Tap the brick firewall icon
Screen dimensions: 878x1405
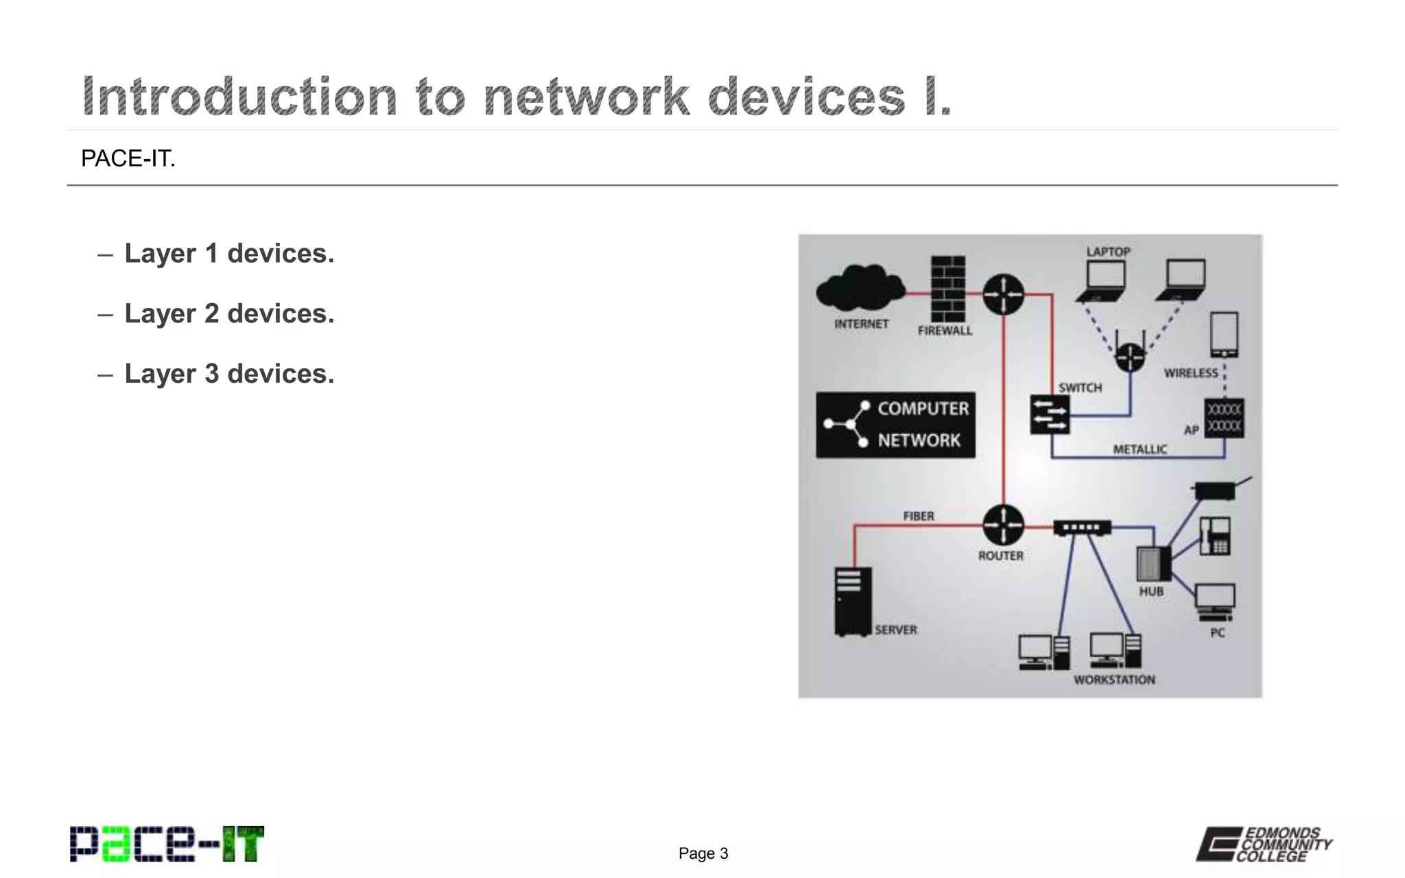click(x=948, y=289)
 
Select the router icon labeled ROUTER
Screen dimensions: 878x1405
click(x=1003, y=525)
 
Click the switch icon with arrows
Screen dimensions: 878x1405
click(x=1050, y=414)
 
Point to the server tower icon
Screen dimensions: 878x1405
click(x=853, y=602)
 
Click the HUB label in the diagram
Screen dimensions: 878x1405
click(x=1151, y=591)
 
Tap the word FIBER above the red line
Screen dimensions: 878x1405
click(x=918, y=516)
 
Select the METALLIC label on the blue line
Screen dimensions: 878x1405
click(x=1140, y=449)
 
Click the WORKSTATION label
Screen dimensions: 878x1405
click(x=1114, y=680)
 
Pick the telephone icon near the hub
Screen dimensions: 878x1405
click(x=1215, y=536)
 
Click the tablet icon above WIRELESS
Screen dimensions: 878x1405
click(x=1224, y=335)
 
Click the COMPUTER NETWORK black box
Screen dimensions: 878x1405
click(x=895, y=425)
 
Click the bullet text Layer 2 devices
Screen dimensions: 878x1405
click(x=229, y=313)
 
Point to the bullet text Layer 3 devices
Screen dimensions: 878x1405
click(x=229, y=374)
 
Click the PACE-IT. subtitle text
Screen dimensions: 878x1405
click(x=128, y=158)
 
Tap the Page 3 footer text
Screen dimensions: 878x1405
click(x=703, y=853)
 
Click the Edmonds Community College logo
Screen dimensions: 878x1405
click(x=1264, y=844)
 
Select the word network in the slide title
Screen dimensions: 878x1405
click(x=586, y=97)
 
